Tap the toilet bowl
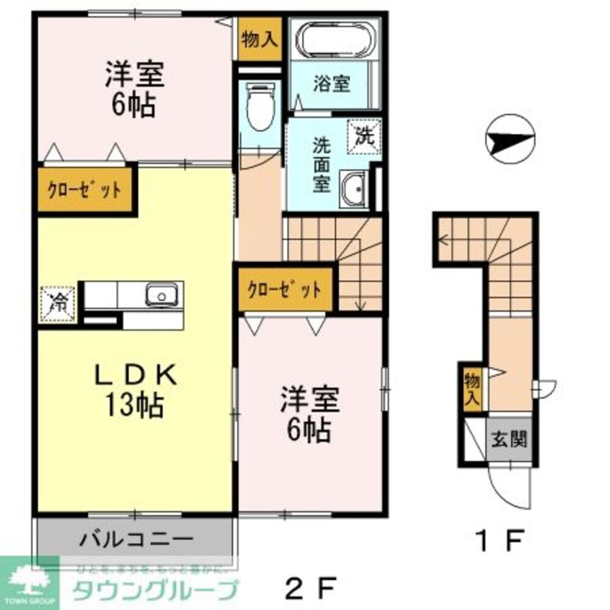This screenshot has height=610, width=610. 260,109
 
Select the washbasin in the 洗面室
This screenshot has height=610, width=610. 353,188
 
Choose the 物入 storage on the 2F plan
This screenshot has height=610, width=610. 260,40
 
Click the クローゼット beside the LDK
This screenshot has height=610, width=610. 85,190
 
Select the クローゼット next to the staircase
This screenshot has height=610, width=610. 284,289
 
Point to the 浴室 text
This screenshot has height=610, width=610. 332,84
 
